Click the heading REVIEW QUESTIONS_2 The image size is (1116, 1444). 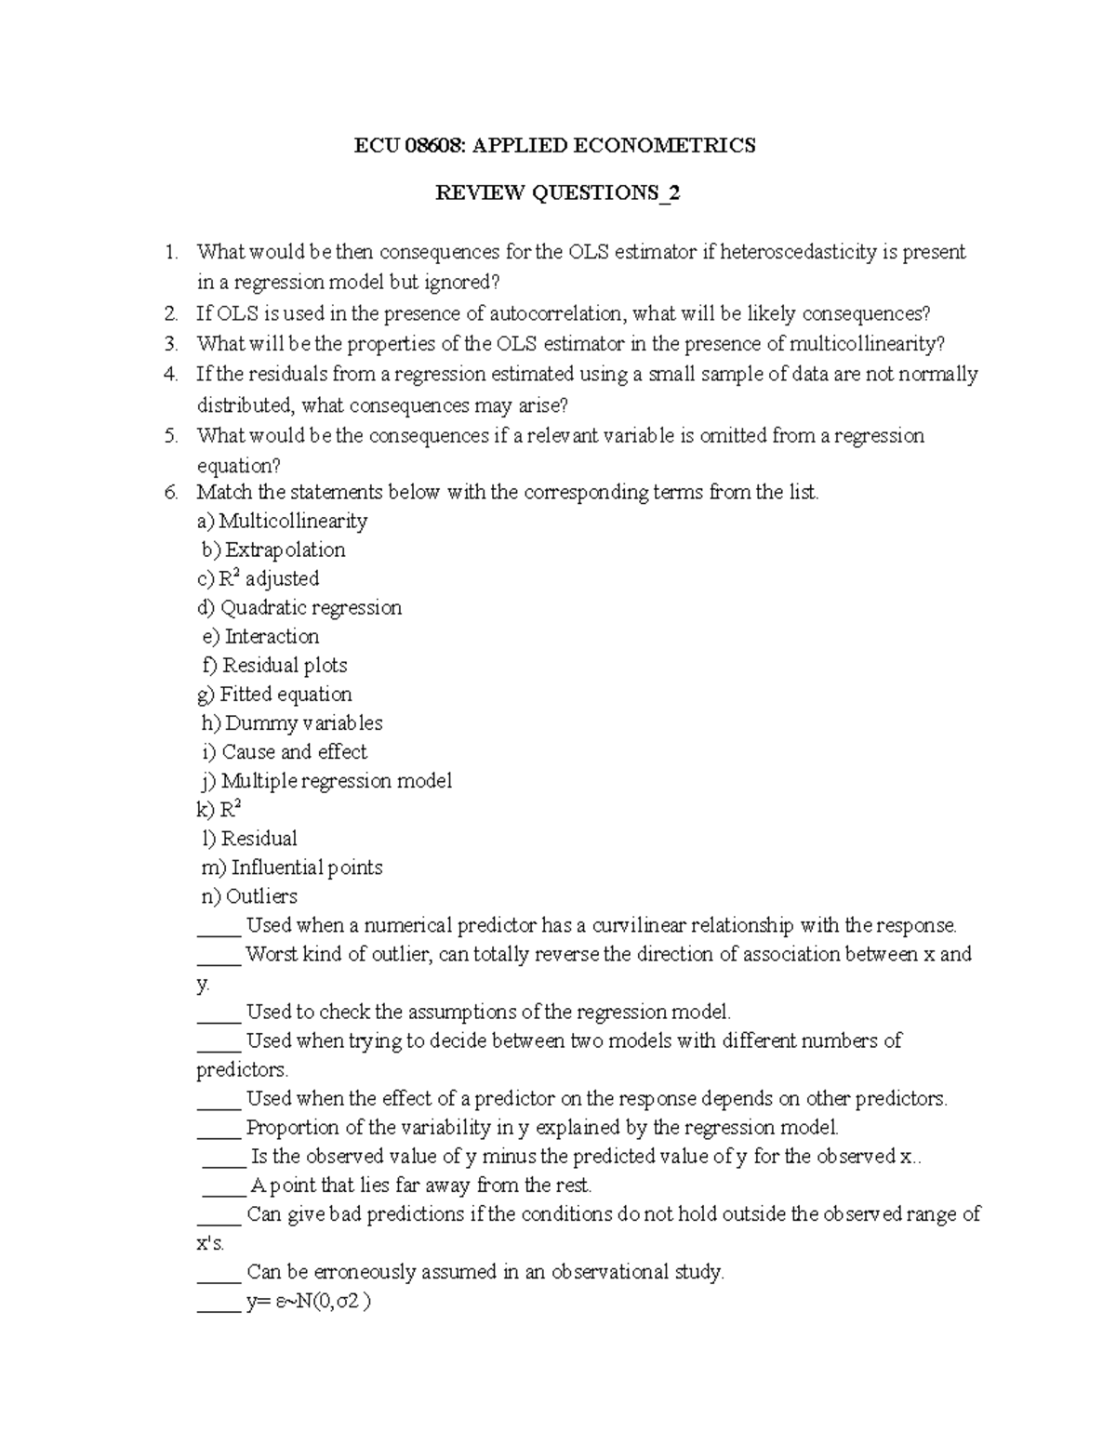pos(558,193)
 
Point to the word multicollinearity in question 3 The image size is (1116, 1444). pos(866,344)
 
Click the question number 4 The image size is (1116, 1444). pos(169,374)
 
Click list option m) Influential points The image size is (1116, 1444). pos(292,867)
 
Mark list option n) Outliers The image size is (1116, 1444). pos(249,895)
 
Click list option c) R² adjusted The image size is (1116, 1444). pos(258,578)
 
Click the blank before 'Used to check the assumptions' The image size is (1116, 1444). pos(219,1013)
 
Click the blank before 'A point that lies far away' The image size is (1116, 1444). pos(223,1186)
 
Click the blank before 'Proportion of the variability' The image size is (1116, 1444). pos(219,1129)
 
